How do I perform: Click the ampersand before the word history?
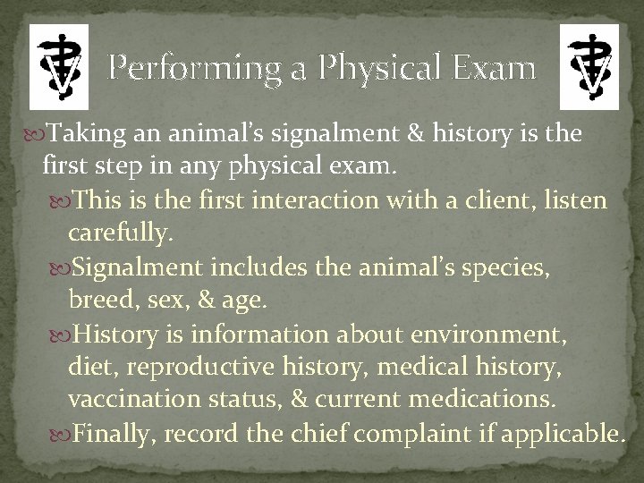tap(415, 135)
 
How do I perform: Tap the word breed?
tap(97, 301)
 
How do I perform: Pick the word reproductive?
tap(192, 367)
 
